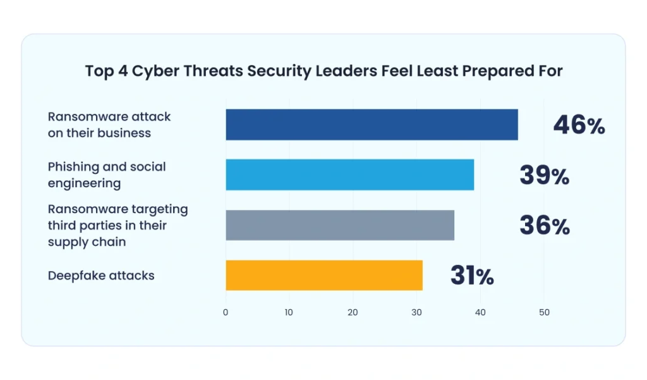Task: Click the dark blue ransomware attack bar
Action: point(372,125)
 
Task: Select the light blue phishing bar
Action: point(349,175)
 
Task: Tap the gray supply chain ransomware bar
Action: point(340,225)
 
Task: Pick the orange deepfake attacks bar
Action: point(324,275)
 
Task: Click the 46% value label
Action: point(579,125)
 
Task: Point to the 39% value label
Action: point(544,176)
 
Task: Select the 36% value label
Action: point(544,226)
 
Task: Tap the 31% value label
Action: point(471,276)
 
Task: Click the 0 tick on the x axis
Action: point(226,312)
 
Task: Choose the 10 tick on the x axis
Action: point(289,312)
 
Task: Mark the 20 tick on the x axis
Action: point(353,312)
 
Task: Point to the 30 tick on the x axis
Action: point(417,312)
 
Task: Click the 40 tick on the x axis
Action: point(480,312)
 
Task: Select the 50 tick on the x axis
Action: point(544,312)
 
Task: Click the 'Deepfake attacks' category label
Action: point(101,276)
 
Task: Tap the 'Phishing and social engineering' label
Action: point(107,175)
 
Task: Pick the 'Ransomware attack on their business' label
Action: point(109,125)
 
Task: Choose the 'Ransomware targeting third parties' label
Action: point(118,225)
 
